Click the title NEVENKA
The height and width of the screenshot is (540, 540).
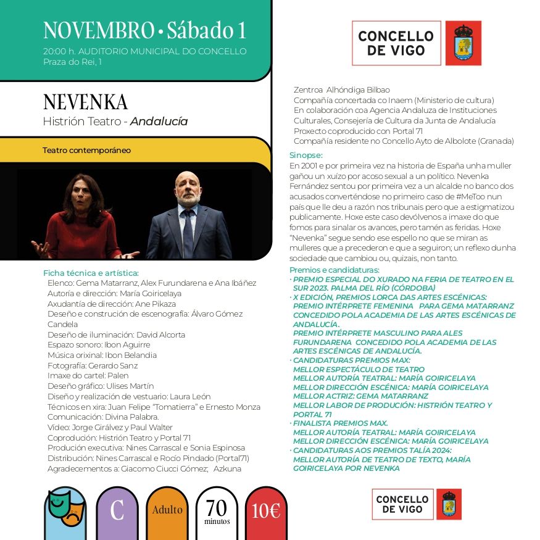click(x=85, y=102)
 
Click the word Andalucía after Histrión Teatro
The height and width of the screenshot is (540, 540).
click(x=159, y=122)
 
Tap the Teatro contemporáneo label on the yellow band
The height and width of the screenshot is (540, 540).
click(x=86, y=150)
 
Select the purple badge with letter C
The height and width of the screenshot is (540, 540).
click(x=117, y=510)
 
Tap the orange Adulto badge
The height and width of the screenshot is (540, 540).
click(x=167, y=510)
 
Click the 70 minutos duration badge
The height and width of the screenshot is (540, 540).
click(x=217, y=510)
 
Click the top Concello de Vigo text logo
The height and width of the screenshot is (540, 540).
click(x=396, y=43)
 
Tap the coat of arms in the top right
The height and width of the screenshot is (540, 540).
click(x=463, y=43)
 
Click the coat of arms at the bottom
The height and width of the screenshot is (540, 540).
click(x=449, y=504)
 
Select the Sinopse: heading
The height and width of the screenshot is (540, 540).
click(x=306, y=156)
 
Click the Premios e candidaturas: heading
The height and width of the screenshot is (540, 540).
click(x=334, y=270)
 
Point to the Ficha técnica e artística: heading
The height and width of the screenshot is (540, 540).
click(x=91, y=273)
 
